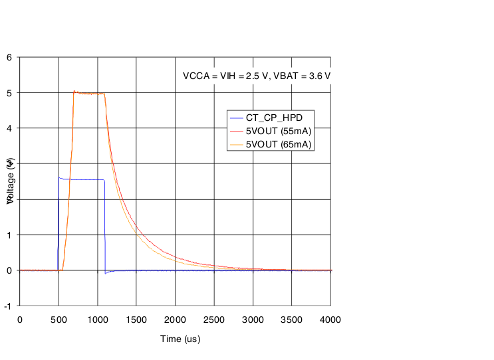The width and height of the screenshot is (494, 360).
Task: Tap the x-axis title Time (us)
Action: (180, 339)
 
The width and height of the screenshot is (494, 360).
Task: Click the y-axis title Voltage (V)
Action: (11, 181)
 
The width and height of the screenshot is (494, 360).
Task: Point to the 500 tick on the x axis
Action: (59, 319)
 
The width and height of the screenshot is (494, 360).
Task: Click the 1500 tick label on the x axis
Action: (136, 319)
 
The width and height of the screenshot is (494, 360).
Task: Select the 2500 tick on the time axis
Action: (214, 319)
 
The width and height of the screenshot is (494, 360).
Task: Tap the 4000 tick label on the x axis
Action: (330, 319)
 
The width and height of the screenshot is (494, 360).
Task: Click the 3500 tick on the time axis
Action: (292, 319)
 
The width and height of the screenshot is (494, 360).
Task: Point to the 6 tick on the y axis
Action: (9, 57)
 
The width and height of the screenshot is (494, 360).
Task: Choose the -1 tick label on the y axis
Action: (7, 306)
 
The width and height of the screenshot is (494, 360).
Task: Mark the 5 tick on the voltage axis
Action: (9, 93)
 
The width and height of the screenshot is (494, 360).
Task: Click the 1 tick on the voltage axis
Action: (9, 235)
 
